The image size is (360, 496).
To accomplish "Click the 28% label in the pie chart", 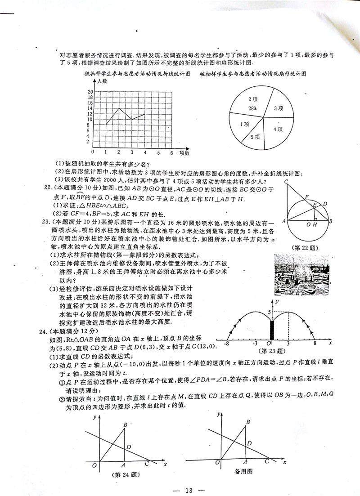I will (x=252, y=108).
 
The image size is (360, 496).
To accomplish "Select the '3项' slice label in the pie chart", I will (x=279, y=108).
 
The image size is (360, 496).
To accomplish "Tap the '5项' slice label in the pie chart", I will (x=255, y=137).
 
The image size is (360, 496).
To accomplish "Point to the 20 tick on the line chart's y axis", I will (x=90, y=91).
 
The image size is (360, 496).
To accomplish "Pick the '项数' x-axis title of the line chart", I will (x=184, y=153).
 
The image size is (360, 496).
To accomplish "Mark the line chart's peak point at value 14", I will (x=119, y=108).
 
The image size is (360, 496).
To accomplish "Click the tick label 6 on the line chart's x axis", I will (x=171, y=153).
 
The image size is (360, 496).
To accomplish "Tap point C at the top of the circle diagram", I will (x=286, y=181).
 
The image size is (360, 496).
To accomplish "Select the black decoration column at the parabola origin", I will (x=271, y=331).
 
